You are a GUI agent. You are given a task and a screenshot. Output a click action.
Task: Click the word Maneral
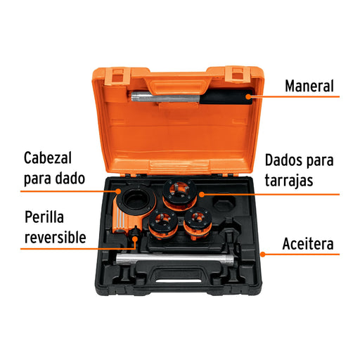[309, 86]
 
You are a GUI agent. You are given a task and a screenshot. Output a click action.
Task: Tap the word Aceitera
[308, 244]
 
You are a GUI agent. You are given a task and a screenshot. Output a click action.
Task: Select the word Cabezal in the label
[48, 157]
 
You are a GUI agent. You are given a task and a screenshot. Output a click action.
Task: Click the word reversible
[56, 237]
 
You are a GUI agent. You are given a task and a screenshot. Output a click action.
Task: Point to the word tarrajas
[289, 181]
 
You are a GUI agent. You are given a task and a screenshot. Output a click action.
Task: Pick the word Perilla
[44, 217]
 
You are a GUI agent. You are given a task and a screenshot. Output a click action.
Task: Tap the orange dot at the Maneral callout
[248, 96]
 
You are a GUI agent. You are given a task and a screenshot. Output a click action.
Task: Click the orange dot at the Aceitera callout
[263, 255]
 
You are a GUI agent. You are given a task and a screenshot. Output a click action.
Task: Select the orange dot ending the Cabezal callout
[118, 191]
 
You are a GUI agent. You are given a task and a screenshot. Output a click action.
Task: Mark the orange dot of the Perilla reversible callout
[135, 239]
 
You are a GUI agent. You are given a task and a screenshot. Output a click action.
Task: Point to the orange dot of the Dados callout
[202, 194]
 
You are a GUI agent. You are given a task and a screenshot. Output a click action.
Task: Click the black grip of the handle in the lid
[226, 97]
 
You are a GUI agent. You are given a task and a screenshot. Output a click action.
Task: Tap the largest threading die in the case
[180, 194]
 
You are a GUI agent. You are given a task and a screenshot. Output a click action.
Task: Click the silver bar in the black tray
[175, 259]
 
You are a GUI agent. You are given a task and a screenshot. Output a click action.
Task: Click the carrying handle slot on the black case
[179, 281]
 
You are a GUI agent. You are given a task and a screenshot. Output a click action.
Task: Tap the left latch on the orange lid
[117, 76]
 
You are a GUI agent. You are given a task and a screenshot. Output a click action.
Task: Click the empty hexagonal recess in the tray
[224, 203]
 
